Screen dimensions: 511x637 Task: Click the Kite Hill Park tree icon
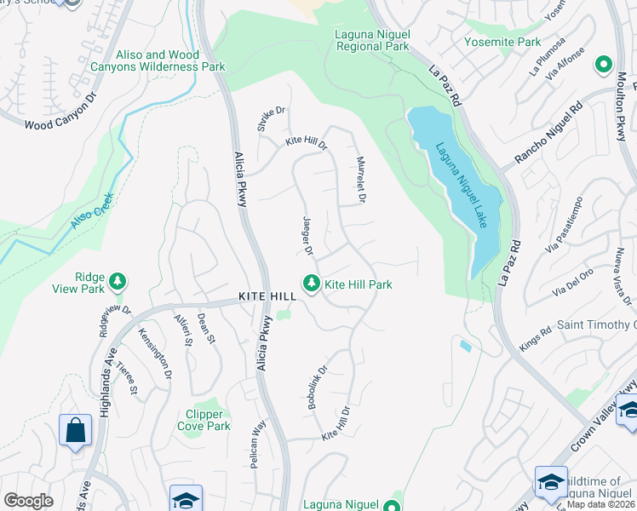312,284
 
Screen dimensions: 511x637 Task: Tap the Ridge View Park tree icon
118,281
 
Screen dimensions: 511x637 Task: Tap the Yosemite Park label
502,41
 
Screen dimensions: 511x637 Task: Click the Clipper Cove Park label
203,420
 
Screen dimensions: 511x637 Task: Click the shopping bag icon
75,430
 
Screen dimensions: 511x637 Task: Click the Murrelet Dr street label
361,180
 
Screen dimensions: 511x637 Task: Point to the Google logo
28,501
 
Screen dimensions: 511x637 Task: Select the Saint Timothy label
596,325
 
